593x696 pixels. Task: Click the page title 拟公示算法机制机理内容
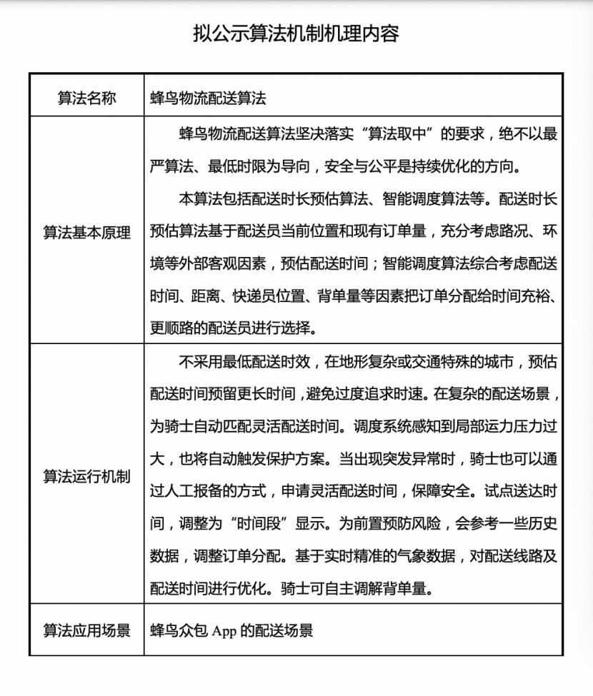click(296, 34)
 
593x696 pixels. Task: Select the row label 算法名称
click(86, 99)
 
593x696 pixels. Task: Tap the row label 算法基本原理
click(86, 233)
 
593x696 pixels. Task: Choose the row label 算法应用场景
click(86, 630)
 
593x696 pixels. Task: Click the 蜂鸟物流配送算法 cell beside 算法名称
click(208, 99)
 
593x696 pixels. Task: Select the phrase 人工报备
click(200, 491)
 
